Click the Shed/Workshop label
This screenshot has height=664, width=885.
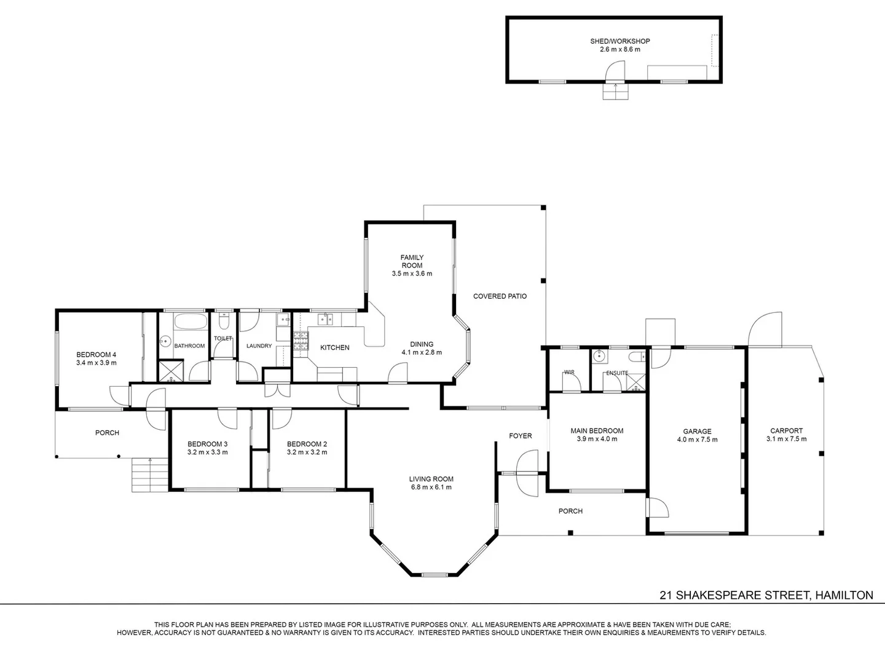[x=619, y=41]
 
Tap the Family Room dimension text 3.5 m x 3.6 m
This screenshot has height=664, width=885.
[x=412, y=274]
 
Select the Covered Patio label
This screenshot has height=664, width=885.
[x=500, y=296]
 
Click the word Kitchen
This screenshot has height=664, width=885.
[x=335, y=348]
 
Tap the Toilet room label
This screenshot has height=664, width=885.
[x=222, y=339]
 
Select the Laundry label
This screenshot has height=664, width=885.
[x=259, y=346]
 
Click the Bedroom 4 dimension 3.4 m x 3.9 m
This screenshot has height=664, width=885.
[x=96, y=363]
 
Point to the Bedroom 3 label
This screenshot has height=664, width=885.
[x=207, y=444]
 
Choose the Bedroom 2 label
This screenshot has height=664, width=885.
[x=307, y=444]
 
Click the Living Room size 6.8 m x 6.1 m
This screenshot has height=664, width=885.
[x=431, y=488]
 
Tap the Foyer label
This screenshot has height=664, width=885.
[x=520, y=436]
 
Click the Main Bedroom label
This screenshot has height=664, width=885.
[x=597, y=431]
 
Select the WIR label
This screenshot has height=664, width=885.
[x=568, y=373]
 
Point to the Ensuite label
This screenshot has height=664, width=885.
[x=617, y=373]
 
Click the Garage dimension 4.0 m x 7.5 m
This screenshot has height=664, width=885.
[x=697, y=440]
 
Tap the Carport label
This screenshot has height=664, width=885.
[x=786, y=431]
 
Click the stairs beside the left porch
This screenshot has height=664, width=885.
[x=150, y=475]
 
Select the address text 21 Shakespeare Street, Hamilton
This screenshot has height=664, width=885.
[x=766, y=595]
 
